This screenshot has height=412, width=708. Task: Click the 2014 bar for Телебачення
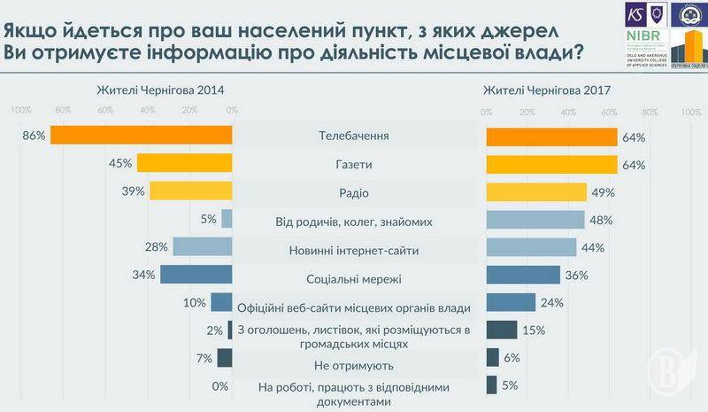[142, 135]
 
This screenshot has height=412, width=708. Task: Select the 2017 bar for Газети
[551, 165]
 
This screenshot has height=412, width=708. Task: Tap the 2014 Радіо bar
[190, 191]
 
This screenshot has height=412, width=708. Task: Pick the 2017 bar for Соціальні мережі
[523, 276]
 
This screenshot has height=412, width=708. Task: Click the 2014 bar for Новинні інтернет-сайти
[203, 247]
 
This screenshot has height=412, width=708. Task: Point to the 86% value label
[34, 136]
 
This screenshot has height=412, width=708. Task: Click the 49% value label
[604, 192]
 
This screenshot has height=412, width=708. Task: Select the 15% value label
[534, 330]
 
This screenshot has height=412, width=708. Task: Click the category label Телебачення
[353, 136]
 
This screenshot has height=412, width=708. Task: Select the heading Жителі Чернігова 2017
[548, 90]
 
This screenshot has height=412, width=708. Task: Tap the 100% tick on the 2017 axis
[690, 112]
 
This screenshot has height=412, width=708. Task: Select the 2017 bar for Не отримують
[492, 357]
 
